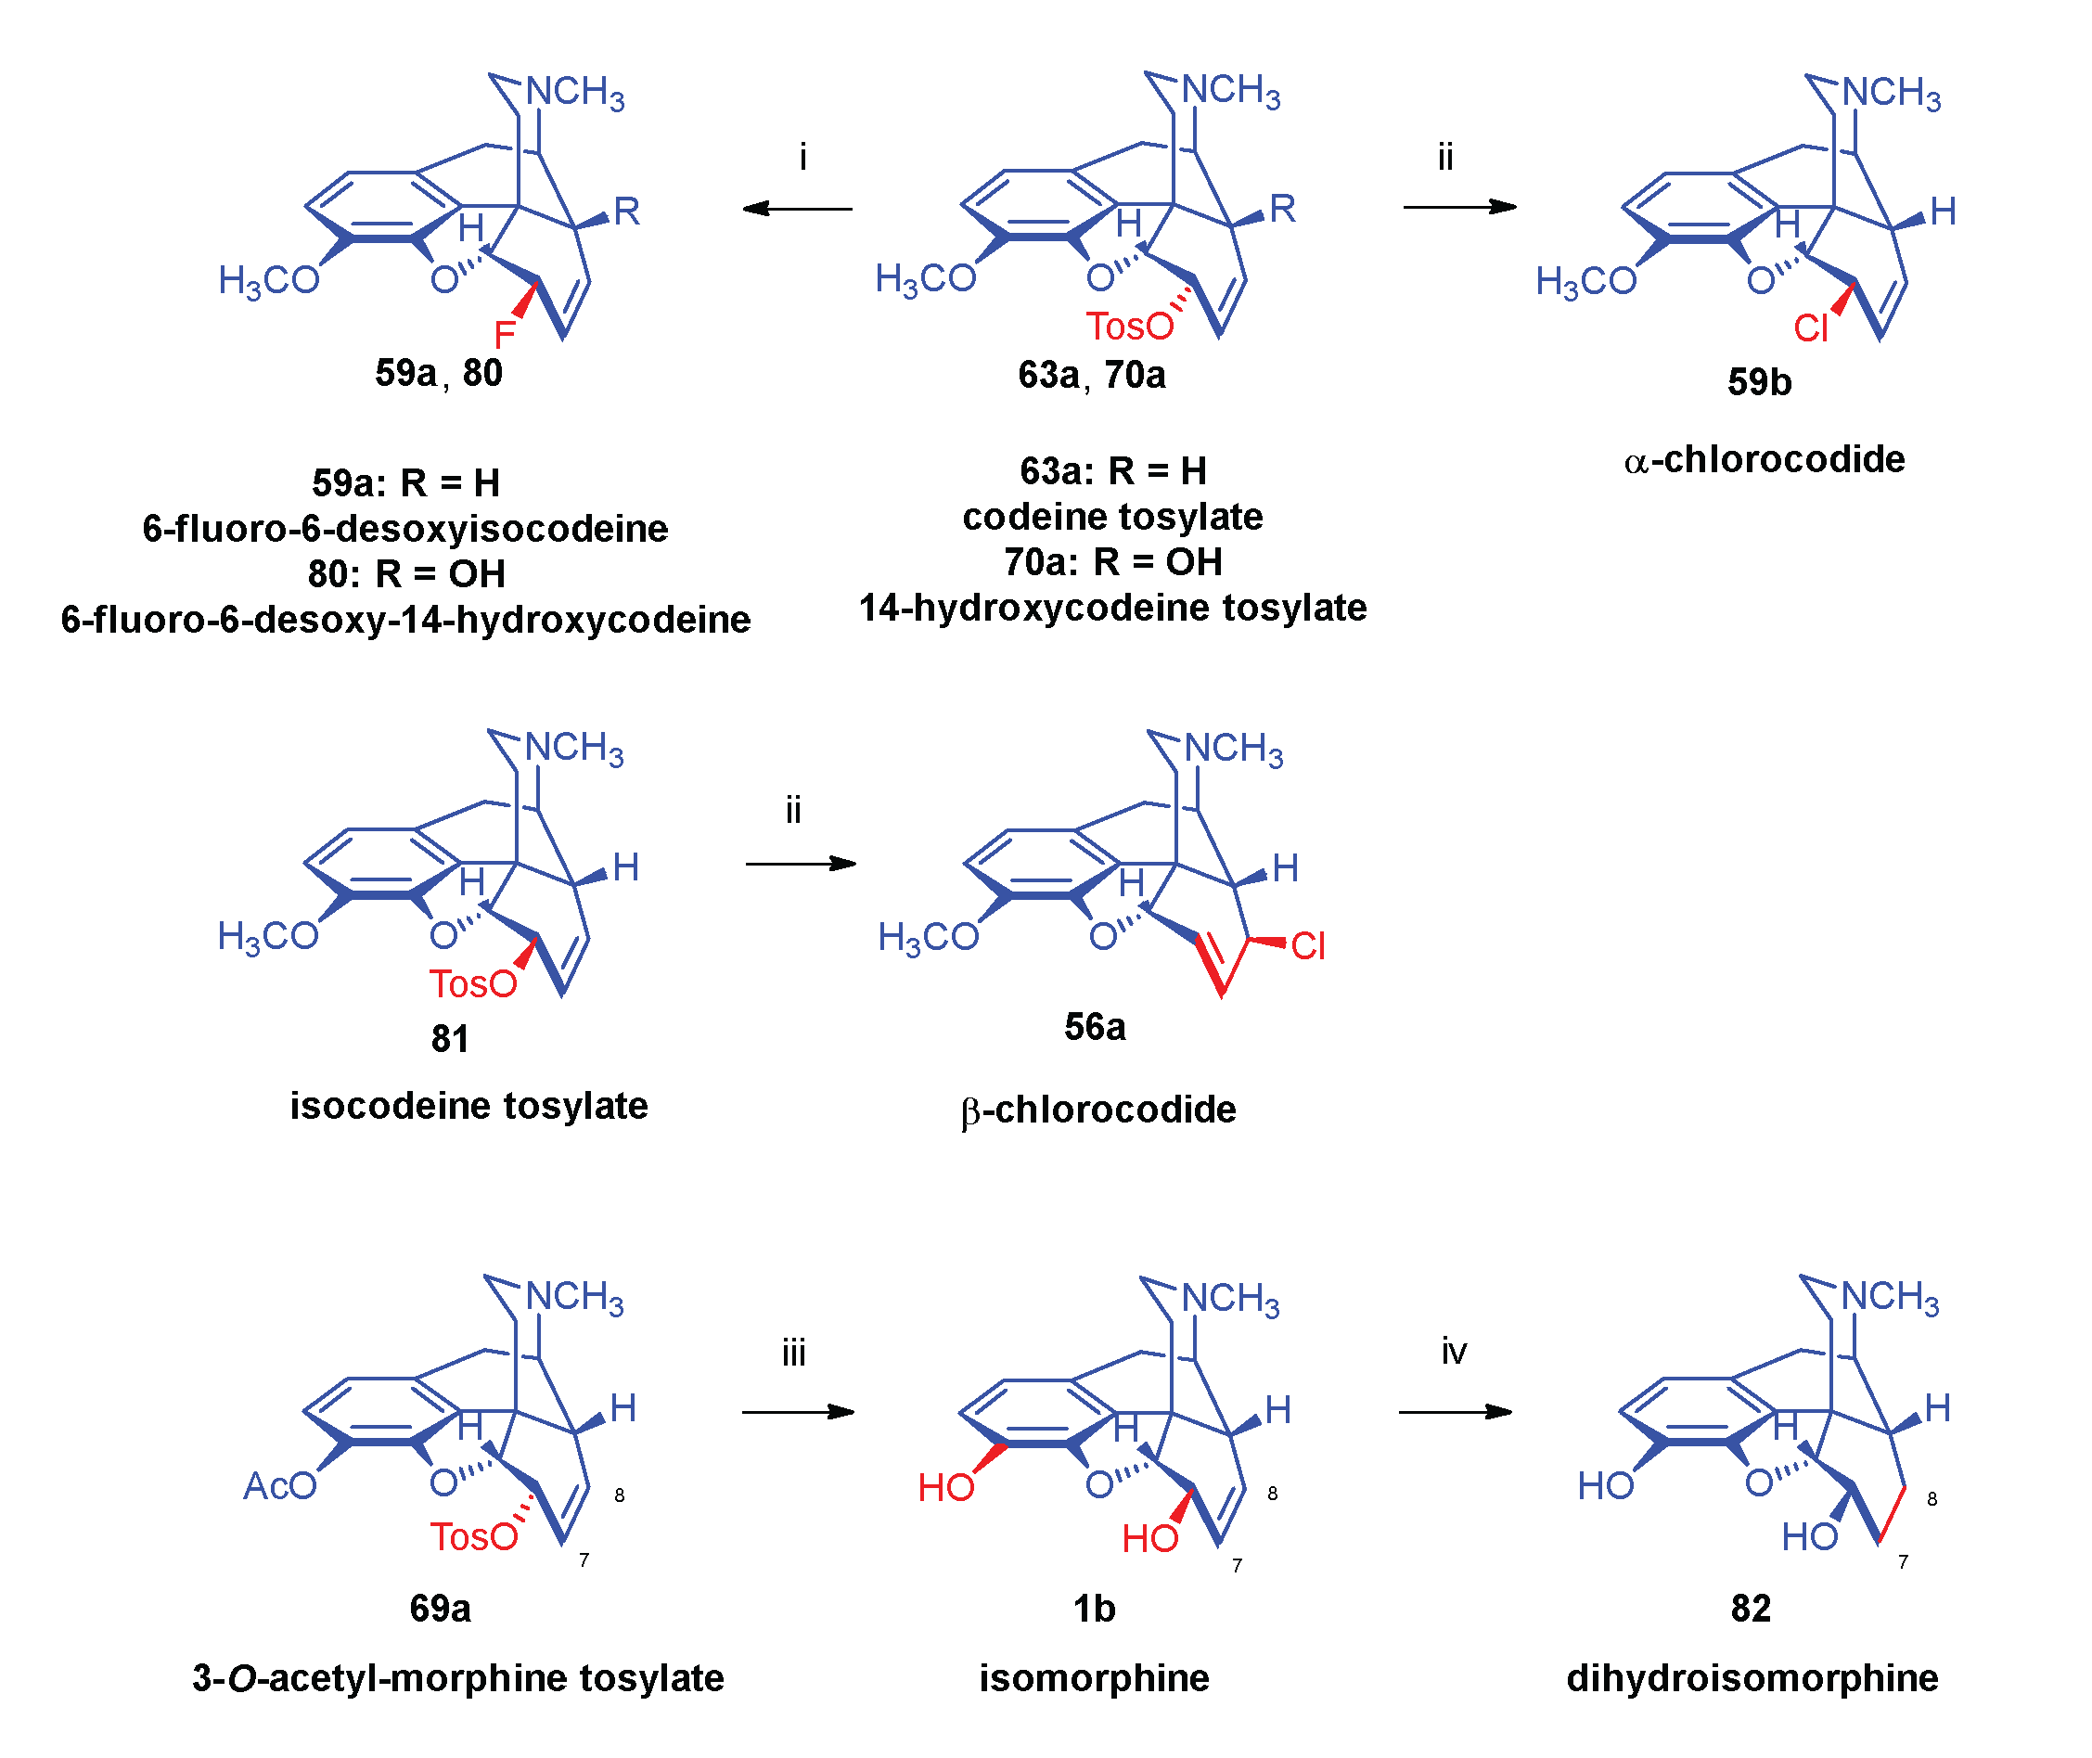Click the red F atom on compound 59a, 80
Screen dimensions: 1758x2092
coord(505,333)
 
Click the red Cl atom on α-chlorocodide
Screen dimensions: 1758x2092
coord(1810,327)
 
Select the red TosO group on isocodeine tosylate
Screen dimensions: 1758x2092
coord(473,983)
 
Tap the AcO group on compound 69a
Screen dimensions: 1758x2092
coord(280,1486)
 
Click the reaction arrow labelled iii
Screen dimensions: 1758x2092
coord(797,1411)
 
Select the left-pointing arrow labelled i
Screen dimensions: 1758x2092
coord(797,209)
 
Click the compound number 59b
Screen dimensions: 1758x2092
coord(1759,381)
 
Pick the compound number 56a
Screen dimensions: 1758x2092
coord(1095,1026)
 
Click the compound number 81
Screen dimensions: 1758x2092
coord(450,1038)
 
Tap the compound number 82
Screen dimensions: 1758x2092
coord(1752,1609)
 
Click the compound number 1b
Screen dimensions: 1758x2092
coord(1095,1609)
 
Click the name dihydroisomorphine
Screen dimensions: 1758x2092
coord(1752,1678)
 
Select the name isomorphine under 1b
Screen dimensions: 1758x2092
coord(1095,1678)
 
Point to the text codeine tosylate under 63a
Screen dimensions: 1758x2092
coord(1112,516)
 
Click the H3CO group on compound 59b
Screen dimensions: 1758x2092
coord(1585,282)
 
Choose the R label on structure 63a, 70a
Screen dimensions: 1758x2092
coord(1282,210)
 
